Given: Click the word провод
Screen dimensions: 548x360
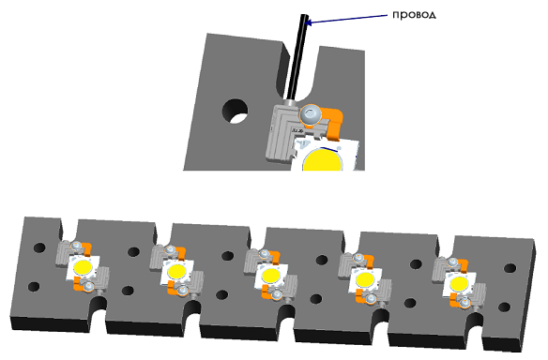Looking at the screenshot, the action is coord(414,15).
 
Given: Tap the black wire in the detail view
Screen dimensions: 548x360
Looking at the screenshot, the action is coord(297,56).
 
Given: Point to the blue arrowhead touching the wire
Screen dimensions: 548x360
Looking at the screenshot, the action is coord(309,22).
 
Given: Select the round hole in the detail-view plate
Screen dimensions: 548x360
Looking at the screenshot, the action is coord(235,111).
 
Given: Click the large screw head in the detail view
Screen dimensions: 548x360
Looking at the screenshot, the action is coord(311,114).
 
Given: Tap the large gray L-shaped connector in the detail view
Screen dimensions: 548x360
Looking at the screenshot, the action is coord(280,134).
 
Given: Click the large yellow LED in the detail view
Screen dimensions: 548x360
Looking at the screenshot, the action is coord(323,159).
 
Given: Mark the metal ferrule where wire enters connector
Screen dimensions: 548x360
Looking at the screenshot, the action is coord(290,103).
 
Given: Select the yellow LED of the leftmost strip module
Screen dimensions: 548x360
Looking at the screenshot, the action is coord(84,267).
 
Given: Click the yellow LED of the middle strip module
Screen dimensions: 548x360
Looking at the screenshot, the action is coord(271,275).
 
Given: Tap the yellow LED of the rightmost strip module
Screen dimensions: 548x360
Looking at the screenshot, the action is coord(459,283).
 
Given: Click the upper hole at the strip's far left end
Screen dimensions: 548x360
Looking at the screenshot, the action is coord(39,247).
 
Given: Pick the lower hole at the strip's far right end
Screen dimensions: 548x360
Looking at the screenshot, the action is coord(504,307).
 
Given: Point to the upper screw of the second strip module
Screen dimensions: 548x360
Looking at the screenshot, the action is coord(170,249).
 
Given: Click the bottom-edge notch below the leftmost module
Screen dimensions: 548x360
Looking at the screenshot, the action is coord(98,308).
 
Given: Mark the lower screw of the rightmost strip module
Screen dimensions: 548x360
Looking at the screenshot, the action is coord(464,303).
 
